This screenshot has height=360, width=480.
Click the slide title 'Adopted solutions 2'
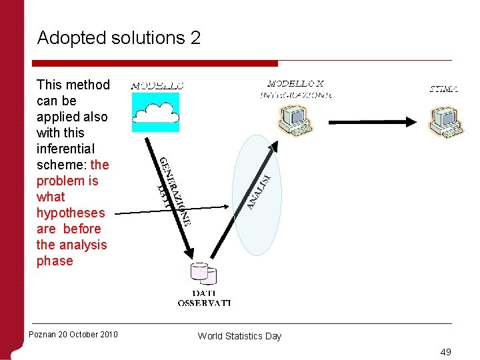coord(119,38)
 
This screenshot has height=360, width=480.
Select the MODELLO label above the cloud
coord(157,85)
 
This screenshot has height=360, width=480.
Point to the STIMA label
coord(443,89)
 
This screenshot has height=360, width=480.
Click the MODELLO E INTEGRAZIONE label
coord(295,89)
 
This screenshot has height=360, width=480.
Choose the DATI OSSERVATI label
coord(204,298)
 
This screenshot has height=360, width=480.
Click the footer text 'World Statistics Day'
coord(239,336)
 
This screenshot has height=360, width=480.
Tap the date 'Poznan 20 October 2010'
coord(73,334)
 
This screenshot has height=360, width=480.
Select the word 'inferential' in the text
coord(65,149)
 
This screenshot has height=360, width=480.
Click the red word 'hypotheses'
coord(71,213)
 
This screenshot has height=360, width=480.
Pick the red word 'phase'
coord(55,261)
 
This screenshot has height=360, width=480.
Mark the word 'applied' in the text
coord(60,117)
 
